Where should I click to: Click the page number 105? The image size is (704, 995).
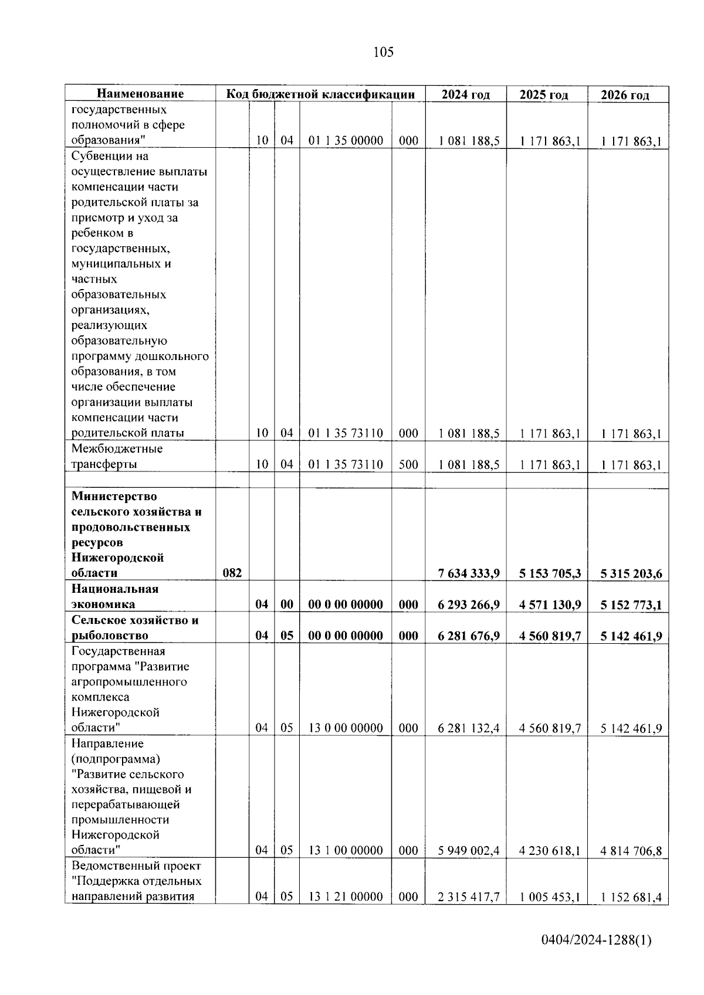pos(383,52)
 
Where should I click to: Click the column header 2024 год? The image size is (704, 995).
pos(465,94)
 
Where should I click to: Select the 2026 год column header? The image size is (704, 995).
pos(625,95)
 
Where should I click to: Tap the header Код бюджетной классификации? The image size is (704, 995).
pos(320,94)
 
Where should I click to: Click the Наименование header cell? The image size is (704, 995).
pos(140,94)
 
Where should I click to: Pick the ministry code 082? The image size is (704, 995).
pos(232,573)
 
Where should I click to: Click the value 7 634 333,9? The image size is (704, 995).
pos(468,573)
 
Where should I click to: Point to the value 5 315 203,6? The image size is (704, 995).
pos(631,573)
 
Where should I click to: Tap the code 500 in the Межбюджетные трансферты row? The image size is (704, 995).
pos(408,464)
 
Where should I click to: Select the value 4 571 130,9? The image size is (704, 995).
pos(550,605)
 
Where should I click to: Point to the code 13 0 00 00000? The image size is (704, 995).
pos(346,728)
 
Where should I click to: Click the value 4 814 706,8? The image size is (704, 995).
pos(631,850)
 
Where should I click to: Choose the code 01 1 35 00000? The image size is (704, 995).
pos(346,141)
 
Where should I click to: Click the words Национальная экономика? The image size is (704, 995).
pos(115,596)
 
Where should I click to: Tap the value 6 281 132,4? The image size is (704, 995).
pos(468,728)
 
